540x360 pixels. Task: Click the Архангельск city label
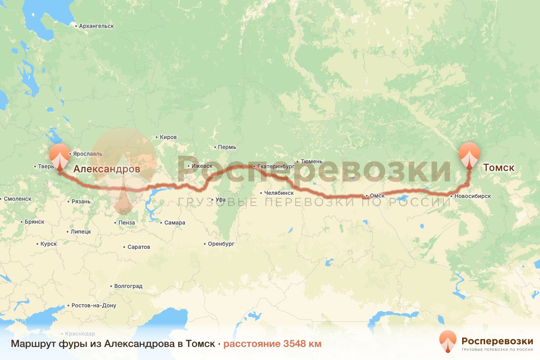point(96,26)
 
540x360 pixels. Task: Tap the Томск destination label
point(498,168)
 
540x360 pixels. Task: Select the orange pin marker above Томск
point(469,154)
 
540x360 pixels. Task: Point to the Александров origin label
point(107,169)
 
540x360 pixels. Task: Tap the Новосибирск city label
point(472,196)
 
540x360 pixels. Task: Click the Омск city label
point(377,196)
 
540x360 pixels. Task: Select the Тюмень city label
point(311,161)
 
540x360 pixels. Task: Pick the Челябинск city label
point(279,193)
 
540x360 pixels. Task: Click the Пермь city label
point(227,147)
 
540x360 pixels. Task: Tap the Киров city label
point(168,137)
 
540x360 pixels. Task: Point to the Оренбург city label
point(221,244)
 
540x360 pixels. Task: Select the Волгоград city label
point(128,286)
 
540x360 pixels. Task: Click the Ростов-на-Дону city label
point(94,306)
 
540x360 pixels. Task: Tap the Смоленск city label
point(18,198)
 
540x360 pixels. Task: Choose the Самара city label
point(175,223)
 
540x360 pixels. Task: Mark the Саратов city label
point(139,247)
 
